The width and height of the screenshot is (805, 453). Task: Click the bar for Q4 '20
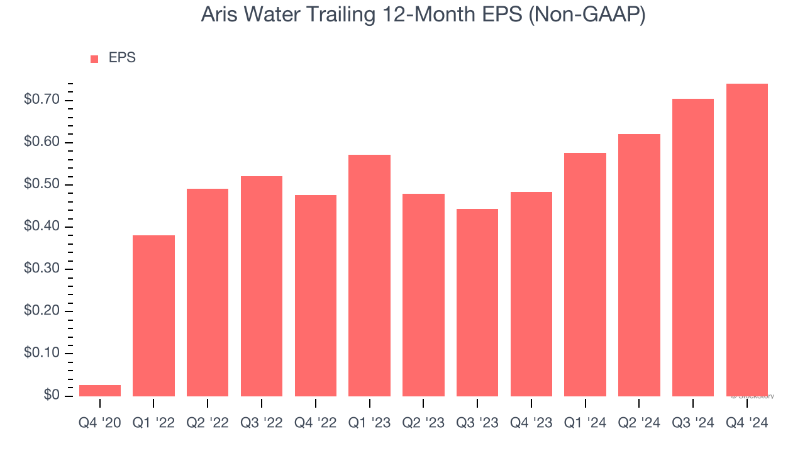click(x=99, y=390)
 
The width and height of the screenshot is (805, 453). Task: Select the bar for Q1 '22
click(x=153, y=315)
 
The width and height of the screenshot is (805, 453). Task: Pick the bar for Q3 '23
click(x=477, y=302)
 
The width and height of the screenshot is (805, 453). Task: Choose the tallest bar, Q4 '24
click(x=747, y=240)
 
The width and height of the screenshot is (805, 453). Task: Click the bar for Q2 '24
click(x=639, y=265)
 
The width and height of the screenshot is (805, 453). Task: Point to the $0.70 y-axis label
click(x=42, y=100)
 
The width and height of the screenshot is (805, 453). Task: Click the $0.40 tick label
click(x=42, y=226)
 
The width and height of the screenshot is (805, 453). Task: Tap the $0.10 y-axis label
click(x=42, y=353)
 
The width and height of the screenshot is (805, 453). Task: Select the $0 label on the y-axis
click(x=52, y=395)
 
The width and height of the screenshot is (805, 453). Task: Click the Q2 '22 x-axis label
click(x=208, y=423)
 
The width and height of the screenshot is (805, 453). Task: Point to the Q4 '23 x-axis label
click(x=531, y=423)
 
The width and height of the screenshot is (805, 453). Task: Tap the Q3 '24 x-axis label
click(x=693, y=423)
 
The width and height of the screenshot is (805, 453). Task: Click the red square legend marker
click(x=94, y=59)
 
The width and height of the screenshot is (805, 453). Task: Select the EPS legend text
click(x=122, y=58)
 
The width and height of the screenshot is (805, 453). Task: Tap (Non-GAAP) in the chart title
click(x=587, y=15)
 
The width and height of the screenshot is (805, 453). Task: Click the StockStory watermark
click(x=752, y=396)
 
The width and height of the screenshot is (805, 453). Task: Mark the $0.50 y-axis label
click(x=42, y=184)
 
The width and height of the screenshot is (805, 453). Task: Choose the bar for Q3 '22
click(x=262, y=286)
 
